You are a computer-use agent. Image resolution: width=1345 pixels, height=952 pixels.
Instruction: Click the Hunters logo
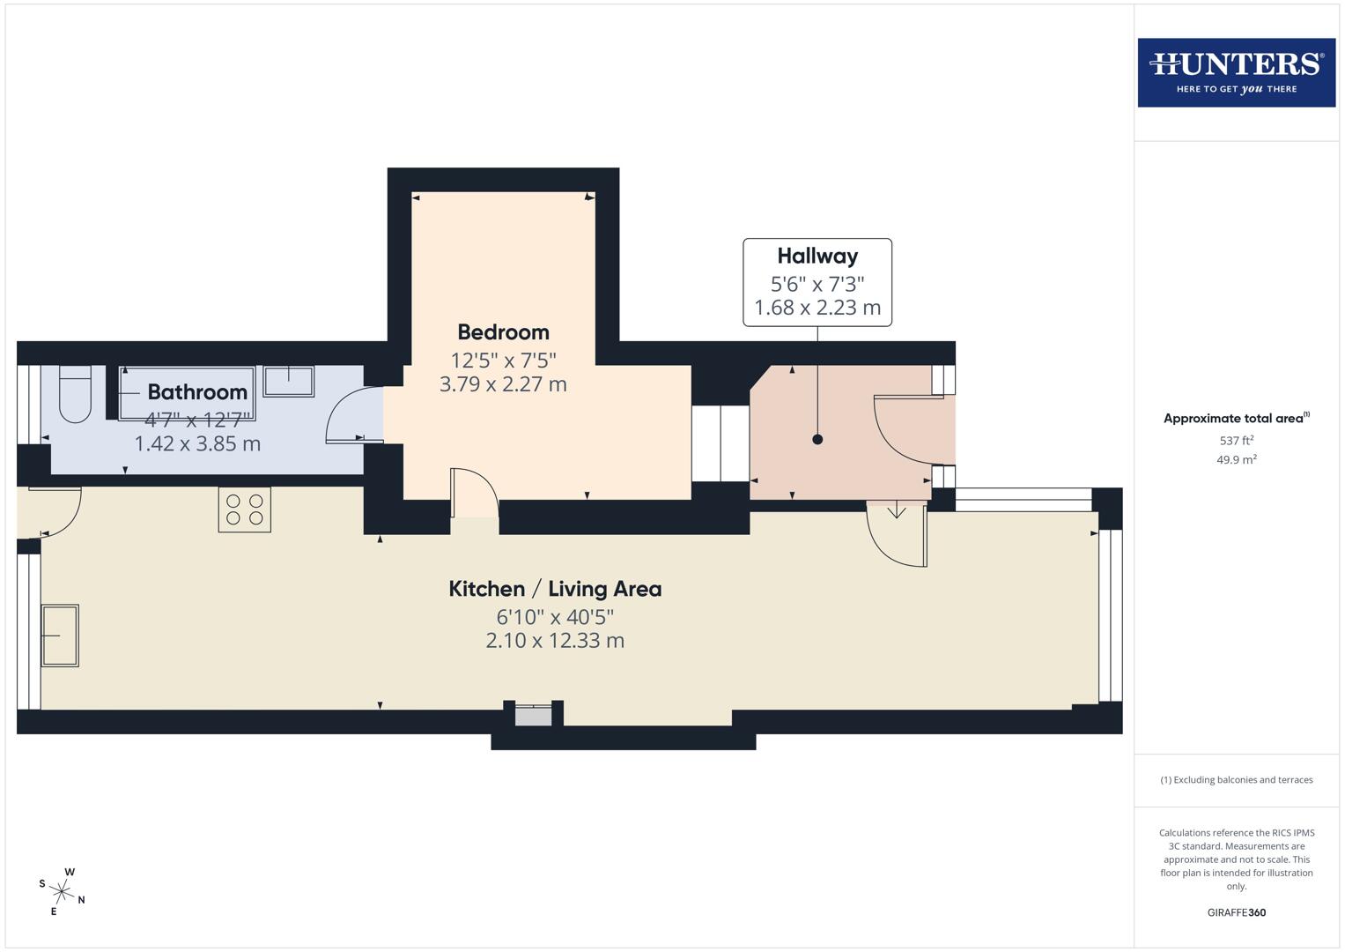click(1236, 72)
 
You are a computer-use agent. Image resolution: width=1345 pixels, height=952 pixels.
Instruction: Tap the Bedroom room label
click(503, 332)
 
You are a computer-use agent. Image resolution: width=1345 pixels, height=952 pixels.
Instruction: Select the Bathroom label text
click(197, 392)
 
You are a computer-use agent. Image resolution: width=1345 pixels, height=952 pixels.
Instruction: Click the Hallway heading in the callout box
click(817, 257)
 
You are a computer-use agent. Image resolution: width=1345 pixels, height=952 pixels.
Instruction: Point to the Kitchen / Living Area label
click(555, 589)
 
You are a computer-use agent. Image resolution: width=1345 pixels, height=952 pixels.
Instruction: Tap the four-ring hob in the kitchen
click(245, 509)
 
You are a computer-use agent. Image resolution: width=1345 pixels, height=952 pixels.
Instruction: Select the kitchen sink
click(60, 635)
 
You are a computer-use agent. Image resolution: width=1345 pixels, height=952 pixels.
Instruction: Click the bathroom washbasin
click(288, 381)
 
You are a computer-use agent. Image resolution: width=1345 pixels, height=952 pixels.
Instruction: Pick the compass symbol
click(63, 891)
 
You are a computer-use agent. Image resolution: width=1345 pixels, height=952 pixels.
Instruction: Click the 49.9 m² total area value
click(1236, 459)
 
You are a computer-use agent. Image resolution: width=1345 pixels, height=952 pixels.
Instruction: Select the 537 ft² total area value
click(1236, 440)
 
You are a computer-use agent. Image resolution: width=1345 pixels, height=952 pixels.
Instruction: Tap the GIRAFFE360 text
click(1236, 912)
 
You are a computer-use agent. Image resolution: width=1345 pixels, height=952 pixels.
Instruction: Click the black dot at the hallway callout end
click(817, 439)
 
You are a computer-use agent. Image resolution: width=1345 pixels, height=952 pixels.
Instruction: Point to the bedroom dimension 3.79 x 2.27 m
click(503, 384)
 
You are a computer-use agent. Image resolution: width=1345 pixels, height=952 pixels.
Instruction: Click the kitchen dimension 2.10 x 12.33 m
click(555, 641)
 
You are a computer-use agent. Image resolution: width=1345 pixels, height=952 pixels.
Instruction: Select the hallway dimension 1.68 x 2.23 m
click(817, 308)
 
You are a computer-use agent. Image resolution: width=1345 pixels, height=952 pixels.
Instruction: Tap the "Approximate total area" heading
click(1236, 419)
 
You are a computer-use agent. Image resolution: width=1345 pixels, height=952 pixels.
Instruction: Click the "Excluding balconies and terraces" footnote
click(1236, 780)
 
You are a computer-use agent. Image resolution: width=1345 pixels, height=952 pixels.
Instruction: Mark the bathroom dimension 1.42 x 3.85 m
click(197, 443)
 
